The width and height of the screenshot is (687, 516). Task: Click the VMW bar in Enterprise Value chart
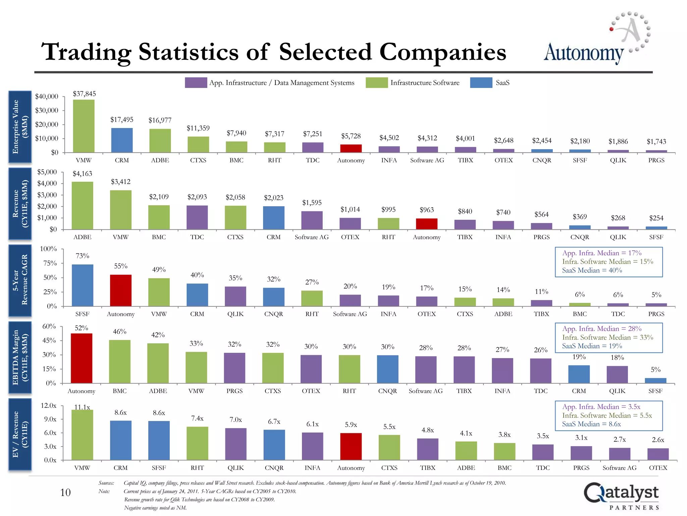(84, 126)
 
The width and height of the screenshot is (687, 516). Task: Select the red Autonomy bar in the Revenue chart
(426, 224)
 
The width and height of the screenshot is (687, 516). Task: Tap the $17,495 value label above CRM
(122, 120)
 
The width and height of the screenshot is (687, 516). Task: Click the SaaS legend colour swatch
(481, 83)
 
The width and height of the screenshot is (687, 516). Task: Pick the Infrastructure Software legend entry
(424, 83)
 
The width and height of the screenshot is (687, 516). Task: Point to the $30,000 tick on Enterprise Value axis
(47, 111)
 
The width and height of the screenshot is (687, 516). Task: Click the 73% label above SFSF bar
(83, 256)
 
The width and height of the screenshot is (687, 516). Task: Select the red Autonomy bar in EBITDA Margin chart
(82, 358)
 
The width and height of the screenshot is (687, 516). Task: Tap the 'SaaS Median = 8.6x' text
(591, 424)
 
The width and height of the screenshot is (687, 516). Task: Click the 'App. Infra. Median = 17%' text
(601, 253)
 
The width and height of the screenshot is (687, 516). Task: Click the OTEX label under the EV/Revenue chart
(658, 468)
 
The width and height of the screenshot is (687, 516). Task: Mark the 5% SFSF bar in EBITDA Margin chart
(655, 381)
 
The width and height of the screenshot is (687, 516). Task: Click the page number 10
(65, 492)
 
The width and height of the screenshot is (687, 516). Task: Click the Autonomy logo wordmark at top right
(584, 53)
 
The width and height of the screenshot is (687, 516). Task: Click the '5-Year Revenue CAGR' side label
(20, 281)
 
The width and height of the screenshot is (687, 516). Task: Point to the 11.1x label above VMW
(82, 407)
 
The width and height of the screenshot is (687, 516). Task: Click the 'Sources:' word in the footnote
(106, 483)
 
